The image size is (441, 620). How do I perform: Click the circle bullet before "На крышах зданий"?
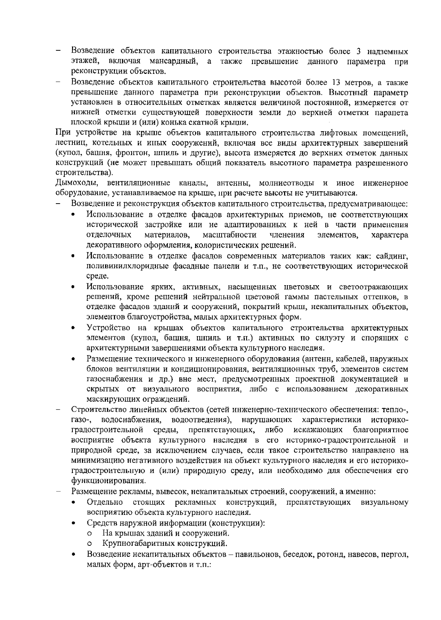[x=89, y=533]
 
